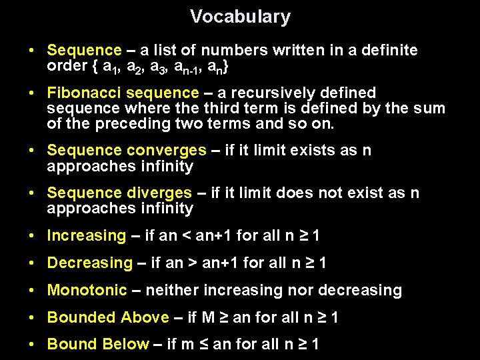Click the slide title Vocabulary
click(x=240, y=17)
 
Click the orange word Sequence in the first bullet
click(x=84, y=51)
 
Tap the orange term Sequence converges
click(x=127, y=151)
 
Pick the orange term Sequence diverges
click(x=119, y=193)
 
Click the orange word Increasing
click(x=86, y=235)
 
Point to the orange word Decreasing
click(x=89, y=263)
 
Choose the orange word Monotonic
click(x=87, y=291)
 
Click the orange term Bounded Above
click(x=108, y=318)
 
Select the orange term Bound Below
click(x=98, y=345)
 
